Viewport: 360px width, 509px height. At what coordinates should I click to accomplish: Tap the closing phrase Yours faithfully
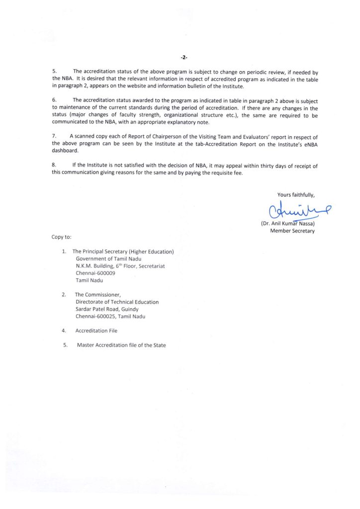296,194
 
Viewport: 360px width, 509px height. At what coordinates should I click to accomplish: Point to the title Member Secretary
292,231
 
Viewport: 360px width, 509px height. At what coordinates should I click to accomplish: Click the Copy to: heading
62,237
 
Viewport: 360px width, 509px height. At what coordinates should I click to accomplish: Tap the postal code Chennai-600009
93,273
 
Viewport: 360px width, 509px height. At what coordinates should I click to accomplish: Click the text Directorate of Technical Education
117,302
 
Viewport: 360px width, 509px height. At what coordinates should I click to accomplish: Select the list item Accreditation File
96,331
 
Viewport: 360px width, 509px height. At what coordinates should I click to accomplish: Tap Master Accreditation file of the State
121,345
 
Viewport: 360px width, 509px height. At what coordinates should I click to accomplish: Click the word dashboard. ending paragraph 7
65,150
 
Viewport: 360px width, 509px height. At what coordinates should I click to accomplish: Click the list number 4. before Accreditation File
64,331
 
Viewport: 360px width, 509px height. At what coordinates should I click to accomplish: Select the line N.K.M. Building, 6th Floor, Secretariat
120,266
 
